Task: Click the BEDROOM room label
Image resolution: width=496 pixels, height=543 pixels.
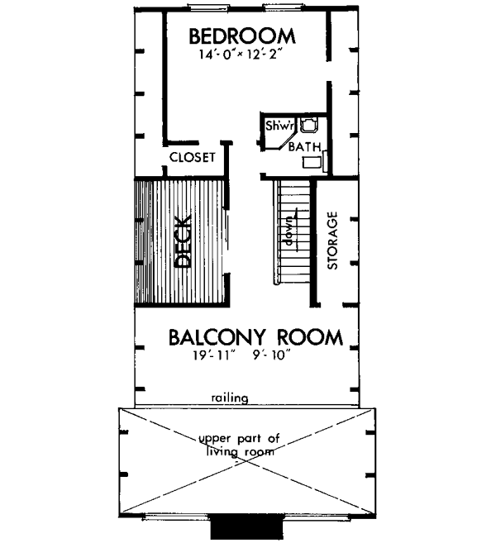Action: click(242, 36)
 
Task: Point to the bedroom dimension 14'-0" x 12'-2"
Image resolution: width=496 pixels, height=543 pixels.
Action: click(242, 55)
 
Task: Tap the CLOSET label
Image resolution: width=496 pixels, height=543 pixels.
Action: click(192, 157)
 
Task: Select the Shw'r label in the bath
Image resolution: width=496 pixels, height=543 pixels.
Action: click(275, 126)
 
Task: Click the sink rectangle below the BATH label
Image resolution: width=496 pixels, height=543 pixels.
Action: click(312, 161)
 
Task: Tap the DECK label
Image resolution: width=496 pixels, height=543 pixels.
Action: click(184, 241)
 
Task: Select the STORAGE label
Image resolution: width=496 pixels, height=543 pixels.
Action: click(332, 241)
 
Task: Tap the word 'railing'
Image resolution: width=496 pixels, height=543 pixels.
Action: click(229, 398)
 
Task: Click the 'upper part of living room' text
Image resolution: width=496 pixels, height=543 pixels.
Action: click(241, 444)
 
